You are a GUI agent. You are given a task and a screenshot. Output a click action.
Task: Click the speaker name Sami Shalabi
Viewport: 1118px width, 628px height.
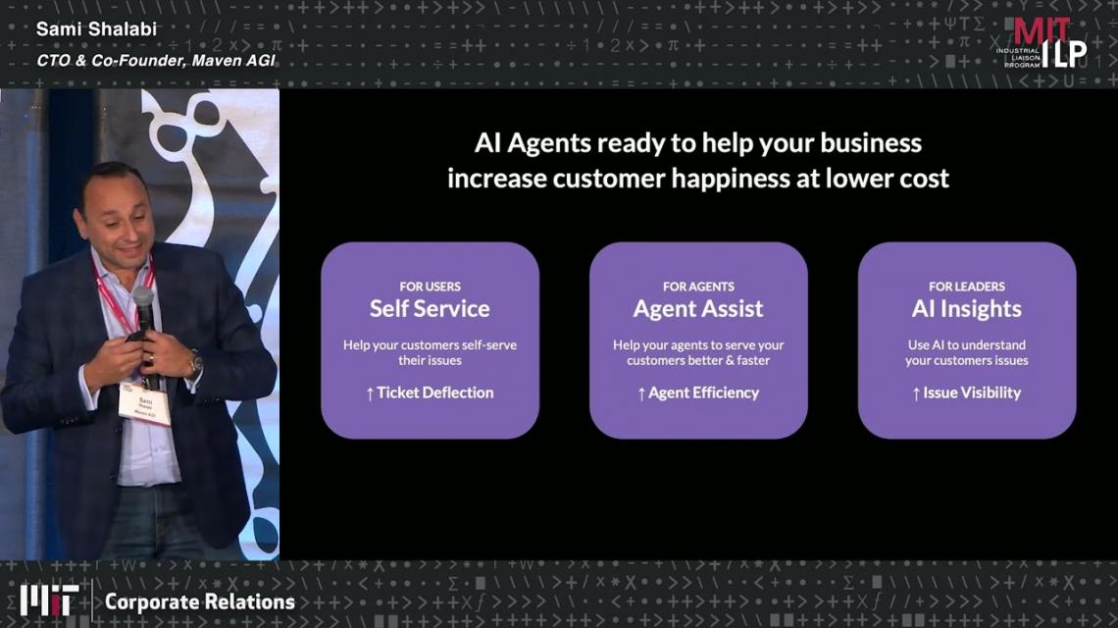click(x=96, y=29)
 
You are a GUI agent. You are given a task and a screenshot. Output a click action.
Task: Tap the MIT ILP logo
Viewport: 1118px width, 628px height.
click(x=1041, y=43)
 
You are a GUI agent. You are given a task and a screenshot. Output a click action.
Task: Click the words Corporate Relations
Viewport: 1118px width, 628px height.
click(x=200, y=602)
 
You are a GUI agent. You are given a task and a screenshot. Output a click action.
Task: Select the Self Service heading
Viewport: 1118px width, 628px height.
click(x=430, y=308)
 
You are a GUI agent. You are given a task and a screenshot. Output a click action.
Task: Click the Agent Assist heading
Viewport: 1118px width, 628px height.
click(x=698, y=309)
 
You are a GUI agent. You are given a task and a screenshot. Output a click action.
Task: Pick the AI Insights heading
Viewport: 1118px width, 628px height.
click(x=966, y=309)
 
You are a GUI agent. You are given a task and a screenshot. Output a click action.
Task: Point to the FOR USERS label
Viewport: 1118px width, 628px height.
click(x=430, y=287)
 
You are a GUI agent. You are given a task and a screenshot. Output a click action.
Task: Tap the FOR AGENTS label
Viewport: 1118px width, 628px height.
click(x=698, y=287)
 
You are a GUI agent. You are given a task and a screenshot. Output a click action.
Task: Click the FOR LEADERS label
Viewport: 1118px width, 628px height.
click(x=966, y=287)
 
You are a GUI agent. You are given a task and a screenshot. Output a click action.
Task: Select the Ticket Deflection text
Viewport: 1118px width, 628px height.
click(x=434, y=392)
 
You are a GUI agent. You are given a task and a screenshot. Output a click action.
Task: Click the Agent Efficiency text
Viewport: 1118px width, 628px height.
click(x=704, y=393)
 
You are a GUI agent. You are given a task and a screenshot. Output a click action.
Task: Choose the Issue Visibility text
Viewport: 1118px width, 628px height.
click(x=972, y=393)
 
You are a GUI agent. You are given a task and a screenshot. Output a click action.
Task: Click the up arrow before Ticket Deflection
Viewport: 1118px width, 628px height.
click(x=370, y=393)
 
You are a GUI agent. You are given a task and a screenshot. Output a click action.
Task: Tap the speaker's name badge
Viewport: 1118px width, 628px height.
click(x=145, y=404)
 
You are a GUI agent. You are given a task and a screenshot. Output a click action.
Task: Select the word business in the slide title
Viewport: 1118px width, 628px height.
click(x=871, y=143)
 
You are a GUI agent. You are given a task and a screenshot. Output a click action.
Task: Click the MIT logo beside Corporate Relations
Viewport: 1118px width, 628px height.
click(x=48, y=601)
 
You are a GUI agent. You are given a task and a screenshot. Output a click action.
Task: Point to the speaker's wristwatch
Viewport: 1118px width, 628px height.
click(x=194, y=365)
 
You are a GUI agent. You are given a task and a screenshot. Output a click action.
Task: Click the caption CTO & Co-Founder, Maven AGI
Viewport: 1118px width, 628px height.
click(x=155, y=61)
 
